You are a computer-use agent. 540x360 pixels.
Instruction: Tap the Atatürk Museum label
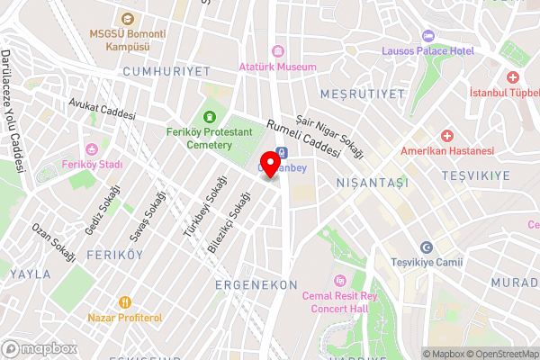[x=277, y=67]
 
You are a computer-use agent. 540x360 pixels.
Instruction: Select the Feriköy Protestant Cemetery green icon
[x=211, y=116]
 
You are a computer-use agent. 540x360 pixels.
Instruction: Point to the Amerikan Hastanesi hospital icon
[x=447, y=135]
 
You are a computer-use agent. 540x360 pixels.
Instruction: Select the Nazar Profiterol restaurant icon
[x=125, y=302]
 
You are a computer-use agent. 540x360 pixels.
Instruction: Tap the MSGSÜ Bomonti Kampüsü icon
[x=126, y=19]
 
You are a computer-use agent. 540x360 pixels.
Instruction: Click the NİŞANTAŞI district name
[x=372, y=182]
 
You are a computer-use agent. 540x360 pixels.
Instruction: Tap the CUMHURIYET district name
[x=166, y=70]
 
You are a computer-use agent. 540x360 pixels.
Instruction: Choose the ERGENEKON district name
[x=256, y=284]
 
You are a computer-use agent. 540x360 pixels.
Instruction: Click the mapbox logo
[x=39, y=347]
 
